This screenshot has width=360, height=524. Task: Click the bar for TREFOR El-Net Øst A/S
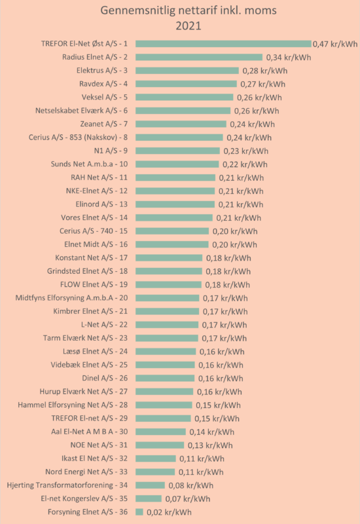click(223, 44)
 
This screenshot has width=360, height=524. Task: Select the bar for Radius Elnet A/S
click(199, 57)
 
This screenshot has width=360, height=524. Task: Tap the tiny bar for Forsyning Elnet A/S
click(139, 512)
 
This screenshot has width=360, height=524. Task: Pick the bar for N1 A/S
click(177, 151)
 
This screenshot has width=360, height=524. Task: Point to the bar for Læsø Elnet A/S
click(166, 351)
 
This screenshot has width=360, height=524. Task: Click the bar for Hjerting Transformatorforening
click(151, 485)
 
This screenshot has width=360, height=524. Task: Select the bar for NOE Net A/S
click(160, 445)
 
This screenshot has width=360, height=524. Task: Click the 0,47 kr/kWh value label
click(335, 44)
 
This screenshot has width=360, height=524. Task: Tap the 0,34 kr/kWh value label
click(289, 58)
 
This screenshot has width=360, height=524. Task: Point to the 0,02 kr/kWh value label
click(170, 512)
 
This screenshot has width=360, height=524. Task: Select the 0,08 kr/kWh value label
click(190, 485)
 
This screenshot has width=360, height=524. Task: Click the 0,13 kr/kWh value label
click(210, 445)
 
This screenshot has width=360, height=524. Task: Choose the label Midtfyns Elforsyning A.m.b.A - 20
click(71, 298)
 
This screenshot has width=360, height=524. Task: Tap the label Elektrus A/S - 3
click(102, 71)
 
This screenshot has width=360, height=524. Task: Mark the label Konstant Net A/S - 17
click(91, 257)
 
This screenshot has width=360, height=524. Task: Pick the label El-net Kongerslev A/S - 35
click(84, 498)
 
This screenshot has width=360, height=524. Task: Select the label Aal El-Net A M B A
click(82, 432)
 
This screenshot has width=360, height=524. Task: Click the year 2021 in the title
click(189, 26)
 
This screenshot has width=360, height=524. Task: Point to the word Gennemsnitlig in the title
click(137, 11)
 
